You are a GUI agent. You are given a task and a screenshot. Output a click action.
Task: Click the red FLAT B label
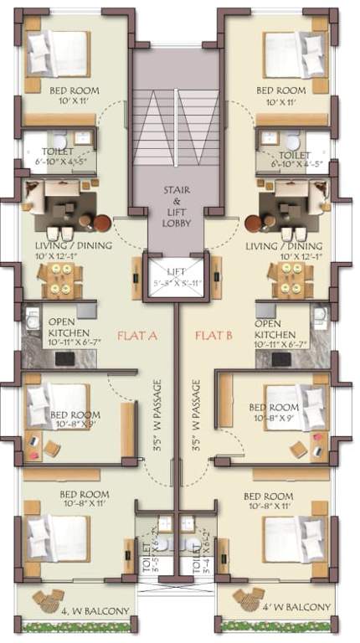point(213,336)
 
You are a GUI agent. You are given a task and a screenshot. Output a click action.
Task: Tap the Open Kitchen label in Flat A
point(64,332)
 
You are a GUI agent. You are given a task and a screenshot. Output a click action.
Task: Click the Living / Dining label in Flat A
point(64,249)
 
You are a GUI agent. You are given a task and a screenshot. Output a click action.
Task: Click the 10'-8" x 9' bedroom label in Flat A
point(75,419)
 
